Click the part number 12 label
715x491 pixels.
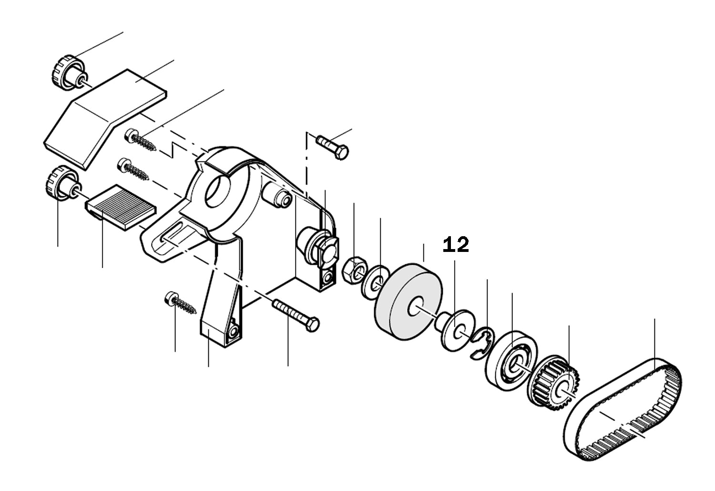[x=456, y=245]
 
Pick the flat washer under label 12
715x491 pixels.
[x=456, y=331]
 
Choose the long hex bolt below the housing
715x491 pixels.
[x=296, y=314]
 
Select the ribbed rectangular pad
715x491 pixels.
[x=122, y=208]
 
